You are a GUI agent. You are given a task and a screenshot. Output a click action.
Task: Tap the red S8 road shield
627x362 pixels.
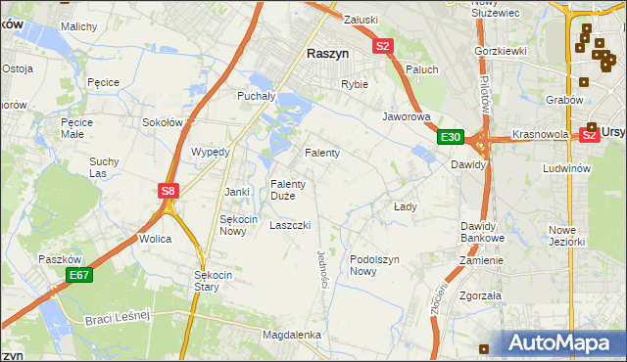coord(169,191)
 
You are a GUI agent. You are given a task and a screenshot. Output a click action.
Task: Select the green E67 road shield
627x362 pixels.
coord(79,277)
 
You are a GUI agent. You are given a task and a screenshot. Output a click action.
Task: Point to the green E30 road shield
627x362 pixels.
coord(451,137)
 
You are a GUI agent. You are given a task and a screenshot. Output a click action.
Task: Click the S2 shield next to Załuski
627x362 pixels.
coord(382,45)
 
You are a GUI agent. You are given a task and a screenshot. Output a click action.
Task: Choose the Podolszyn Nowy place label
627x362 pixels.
coord(376,265)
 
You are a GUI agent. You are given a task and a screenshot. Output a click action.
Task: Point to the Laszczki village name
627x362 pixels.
coord(290,225)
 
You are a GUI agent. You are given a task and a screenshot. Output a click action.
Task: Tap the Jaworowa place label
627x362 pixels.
coord(407,116)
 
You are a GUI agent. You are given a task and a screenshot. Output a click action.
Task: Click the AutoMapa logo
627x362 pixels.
coord(561,343)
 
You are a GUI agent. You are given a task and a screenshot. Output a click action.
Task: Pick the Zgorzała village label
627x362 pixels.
coord(480,294)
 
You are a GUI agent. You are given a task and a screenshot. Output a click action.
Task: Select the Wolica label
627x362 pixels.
coord(156,239)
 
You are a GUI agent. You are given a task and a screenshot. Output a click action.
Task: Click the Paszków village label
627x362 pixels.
coord(59,259)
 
